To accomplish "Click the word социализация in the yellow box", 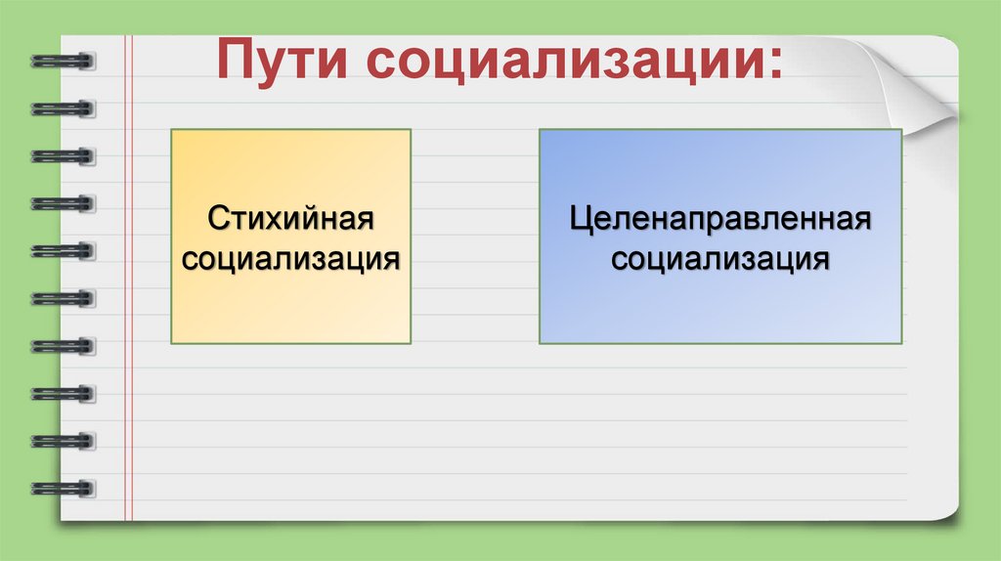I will point(290,259).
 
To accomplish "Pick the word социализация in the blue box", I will point(720,260).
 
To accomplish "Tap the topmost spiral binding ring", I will point(64,61).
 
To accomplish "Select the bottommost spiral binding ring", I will point(64,487).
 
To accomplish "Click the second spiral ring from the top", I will point(64,108).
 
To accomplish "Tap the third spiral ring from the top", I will point(64,155).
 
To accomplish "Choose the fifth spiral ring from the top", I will point(64,250).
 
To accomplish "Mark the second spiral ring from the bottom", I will point(64,439).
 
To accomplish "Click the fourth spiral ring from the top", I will point(64,202).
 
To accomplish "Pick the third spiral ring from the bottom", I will point(64,392).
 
